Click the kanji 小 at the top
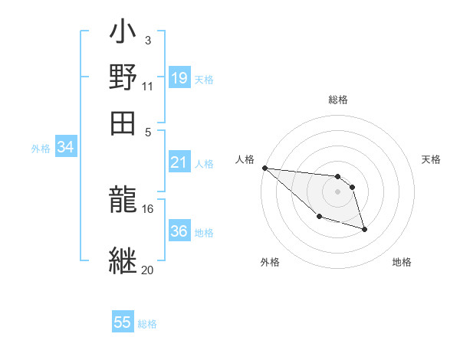(123, 33)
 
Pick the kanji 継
(123, 260)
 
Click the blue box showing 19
(179, 77)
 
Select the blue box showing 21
(179, 162)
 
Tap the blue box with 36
(179, 231)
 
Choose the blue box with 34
(66, 148)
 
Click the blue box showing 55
(123, 322)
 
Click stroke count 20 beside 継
(147, 270)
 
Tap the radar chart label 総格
(338, 100)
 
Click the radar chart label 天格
(431, 159)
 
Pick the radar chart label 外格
(270, 262)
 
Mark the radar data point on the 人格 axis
(264, 168)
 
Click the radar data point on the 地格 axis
(365, 229)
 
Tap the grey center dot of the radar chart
(337, 191)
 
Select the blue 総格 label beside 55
(147, 324)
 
